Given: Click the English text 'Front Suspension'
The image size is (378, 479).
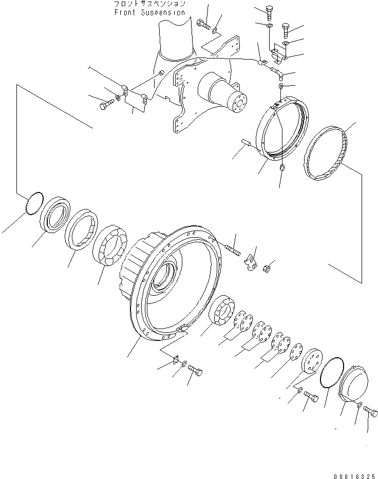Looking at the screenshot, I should pyautogui.click(x=150, y=12).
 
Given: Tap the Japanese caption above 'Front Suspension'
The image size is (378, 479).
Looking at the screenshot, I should pyautogui.click(x=150, y=4).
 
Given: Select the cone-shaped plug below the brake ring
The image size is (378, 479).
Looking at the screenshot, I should pyautogui.click(x=282, y=167).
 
